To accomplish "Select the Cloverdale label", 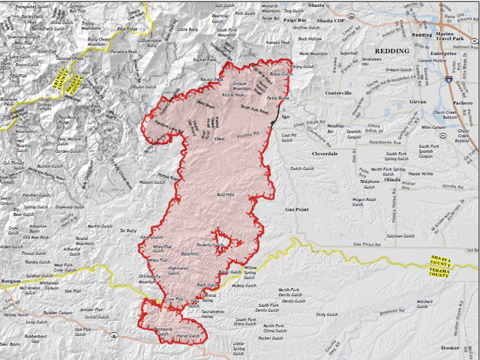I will click(325, 153).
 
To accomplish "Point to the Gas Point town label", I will click(297, 209).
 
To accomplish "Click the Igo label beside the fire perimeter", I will click(284, 118).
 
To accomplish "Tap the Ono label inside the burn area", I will click(219, 139).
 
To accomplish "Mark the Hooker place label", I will click(449, 348).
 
